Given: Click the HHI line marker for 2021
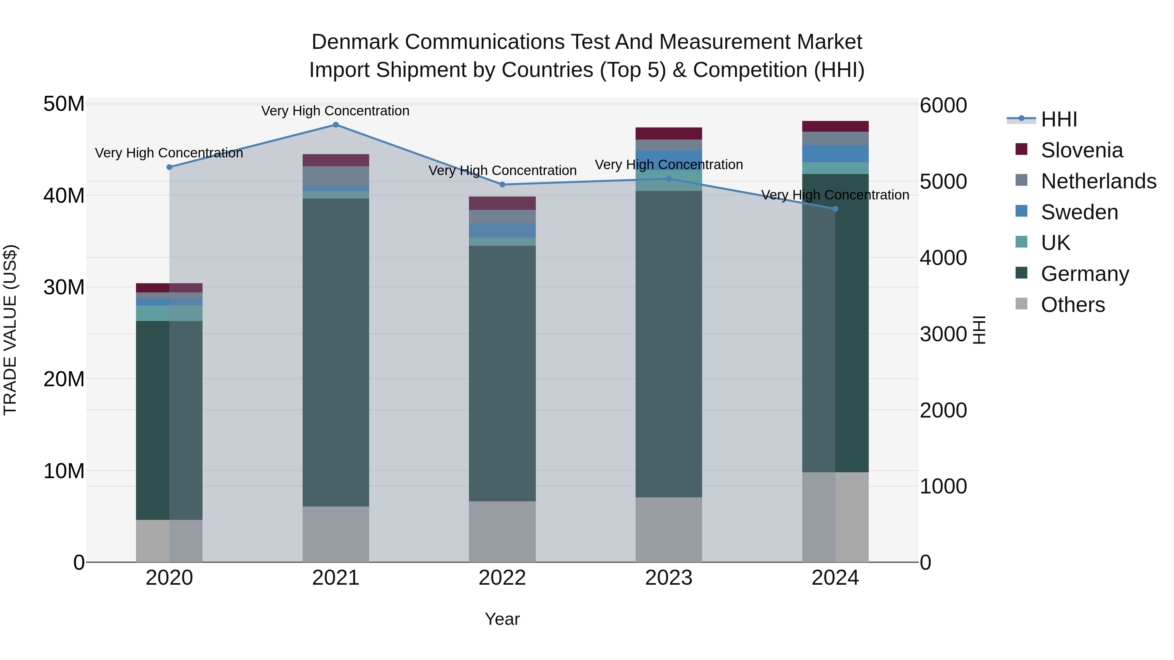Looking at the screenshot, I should click(336, 125).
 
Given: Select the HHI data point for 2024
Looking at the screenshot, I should click(835, 209).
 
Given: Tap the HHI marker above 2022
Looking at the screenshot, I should click(502, 184).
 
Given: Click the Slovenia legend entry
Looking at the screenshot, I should click(1081, 150).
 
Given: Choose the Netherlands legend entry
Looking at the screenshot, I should click(1098, 181).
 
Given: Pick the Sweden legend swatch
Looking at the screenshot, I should click(1021, 211).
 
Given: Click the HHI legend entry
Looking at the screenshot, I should click(1059, 119).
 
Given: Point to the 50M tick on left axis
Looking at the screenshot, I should click(64, 104).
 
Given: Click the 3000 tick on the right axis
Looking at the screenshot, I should click(942, 334).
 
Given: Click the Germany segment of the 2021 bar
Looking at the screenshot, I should click(336, 351).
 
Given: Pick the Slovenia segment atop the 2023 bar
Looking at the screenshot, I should click(669, 133).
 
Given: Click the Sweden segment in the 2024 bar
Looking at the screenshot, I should click(835, 154).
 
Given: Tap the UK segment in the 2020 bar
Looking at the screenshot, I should click(169, 313).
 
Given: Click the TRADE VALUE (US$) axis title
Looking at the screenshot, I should click(10, 330).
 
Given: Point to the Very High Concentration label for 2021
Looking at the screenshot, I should click(336, 111).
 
